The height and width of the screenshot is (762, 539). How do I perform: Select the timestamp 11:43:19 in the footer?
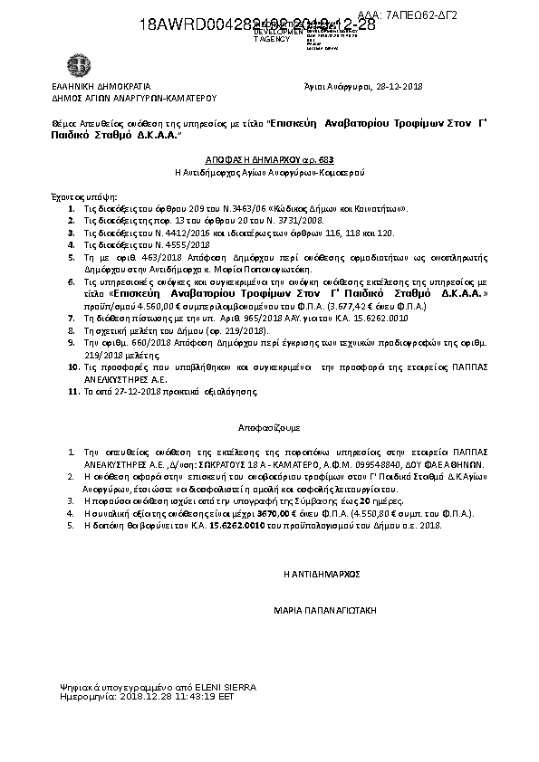189,698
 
